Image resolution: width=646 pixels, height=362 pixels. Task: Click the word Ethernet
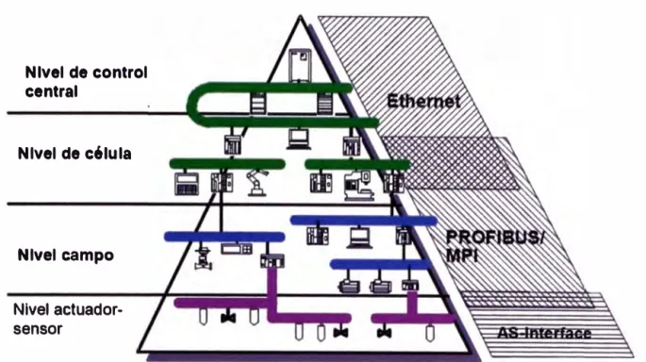pyautogui.click(x=423, y=101)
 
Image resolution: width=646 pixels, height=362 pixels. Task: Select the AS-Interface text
pyautogui.click(x=544, y=333)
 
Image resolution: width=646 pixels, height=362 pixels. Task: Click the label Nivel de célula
pyautogui.click(x=75, y=154)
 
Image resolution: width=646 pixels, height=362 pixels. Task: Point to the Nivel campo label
pyautogui.click(x=65, y=255)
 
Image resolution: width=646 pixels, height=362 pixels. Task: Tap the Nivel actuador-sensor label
pyautogui.click(x=68, y=320)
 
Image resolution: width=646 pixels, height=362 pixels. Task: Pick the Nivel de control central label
pyautogui.click(x=86, y=81)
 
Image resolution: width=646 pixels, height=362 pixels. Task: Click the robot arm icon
pyautogui.click(x=257, y=183)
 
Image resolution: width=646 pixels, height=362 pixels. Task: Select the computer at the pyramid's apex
pyautogui.click(x=300, y=65)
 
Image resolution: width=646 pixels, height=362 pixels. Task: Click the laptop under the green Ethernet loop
pyautogui.click(x=299, y=140)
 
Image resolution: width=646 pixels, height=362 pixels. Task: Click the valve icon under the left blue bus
pyautogui.click(x=203, y=259)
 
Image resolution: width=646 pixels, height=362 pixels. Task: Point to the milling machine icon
pyautogui.click(x=359, y=186)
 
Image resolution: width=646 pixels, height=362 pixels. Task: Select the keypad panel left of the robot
pyautogui.click(x=186, y=184)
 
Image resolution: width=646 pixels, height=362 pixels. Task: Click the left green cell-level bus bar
pyautogui.click(x=227, y=163)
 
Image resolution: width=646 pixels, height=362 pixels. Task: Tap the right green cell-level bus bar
pyautogui.click(x=357, y=164)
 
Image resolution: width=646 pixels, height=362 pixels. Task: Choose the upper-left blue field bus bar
pyautogui.click(x=224, y=237)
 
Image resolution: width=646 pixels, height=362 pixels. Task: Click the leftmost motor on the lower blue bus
pyautogui.click(x=349, y=286)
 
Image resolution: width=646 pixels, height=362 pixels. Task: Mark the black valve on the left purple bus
pyautogui.click(x=228, y=318)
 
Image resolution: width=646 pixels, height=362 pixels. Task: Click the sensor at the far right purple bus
pyautogui.click(x=430, y=333)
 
